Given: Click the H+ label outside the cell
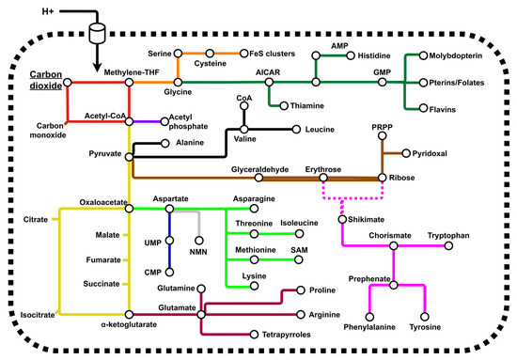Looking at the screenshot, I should point(25,12).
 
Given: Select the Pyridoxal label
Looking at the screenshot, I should point(434,152).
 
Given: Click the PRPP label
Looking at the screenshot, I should point(382,129).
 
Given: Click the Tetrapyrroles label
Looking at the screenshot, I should point(290,333).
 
